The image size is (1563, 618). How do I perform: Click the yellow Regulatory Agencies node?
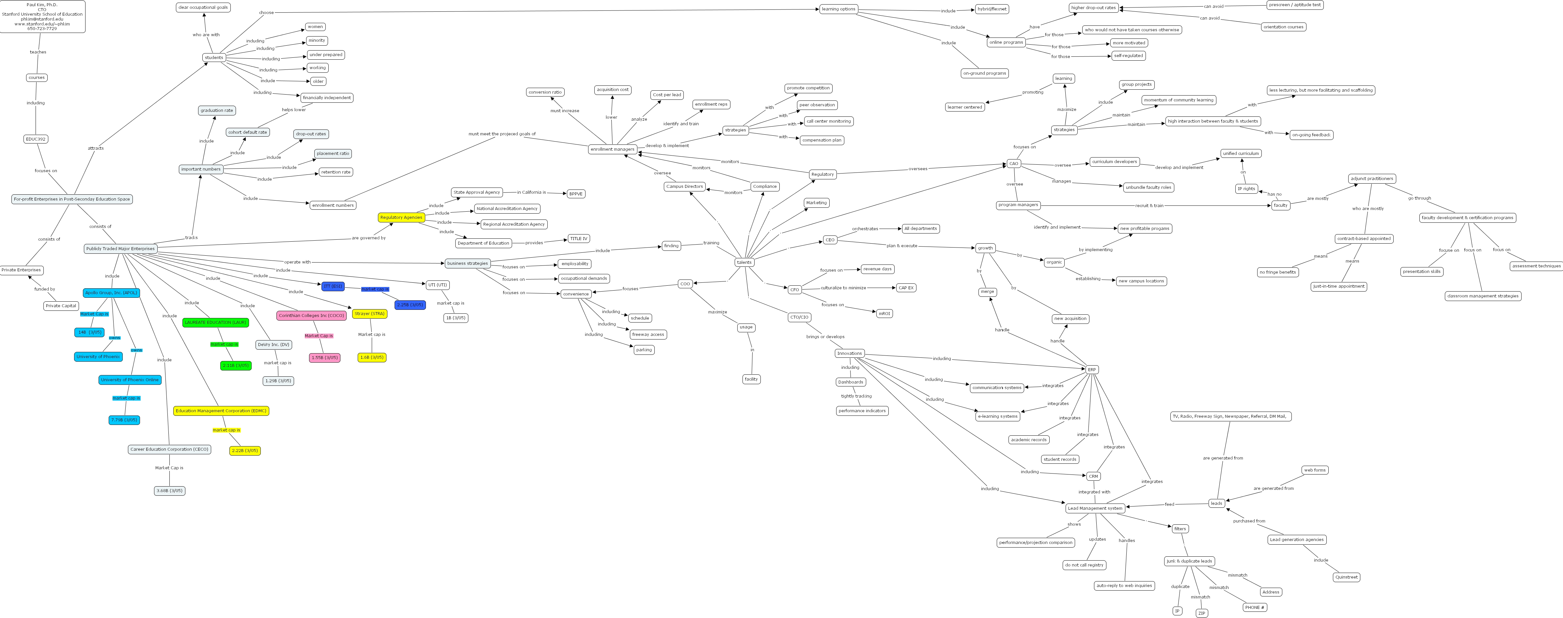[x=401, y=217]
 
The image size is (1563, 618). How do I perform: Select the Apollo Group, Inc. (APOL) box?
[x=111, y=292]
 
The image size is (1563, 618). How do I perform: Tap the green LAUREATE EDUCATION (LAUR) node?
[x=215, y=322]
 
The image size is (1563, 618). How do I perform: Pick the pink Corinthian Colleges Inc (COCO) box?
[x=311, y=315]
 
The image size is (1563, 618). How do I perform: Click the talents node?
[x=744, y=262]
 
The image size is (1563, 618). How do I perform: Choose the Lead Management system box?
[x=1095, y=508]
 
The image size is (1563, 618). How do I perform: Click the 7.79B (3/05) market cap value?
[x=124, y=420]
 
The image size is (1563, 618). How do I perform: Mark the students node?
[x=213, y=58]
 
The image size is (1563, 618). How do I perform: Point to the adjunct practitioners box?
[x=1372, y=178]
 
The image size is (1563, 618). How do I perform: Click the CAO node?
[x=1013, y=163]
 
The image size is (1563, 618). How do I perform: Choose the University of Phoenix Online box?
[x=130, y=380]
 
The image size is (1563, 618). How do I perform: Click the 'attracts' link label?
[x=95, y=148]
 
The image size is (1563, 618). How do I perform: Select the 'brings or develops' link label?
[x=824, y=337]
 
